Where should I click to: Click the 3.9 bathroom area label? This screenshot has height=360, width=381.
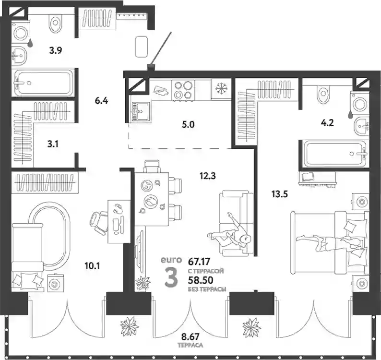(x=55, y=50)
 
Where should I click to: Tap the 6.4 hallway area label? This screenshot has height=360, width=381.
(x=101, y=100)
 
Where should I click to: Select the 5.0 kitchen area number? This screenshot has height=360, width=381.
(x=188, y=125)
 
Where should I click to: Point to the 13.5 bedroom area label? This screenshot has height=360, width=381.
(x=280, y=194)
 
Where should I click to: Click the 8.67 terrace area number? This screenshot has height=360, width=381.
(x=190, y=337)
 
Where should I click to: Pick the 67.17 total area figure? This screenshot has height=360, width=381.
(x=199, y=262)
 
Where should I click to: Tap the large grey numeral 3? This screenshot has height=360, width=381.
(x=171, y=276)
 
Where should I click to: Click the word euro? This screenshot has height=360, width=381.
(x=171, y=260)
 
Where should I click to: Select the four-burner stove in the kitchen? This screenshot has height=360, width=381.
(x=183, y=90)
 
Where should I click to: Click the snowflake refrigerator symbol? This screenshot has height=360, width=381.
(x=221, y=88)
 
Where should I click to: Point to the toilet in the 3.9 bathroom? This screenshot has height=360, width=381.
(x=56, y=22)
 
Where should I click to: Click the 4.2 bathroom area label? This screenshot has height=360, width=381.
(x=327, y=123)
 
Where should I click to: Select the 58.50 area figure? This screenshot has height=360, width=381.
(x=201, y=280)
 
